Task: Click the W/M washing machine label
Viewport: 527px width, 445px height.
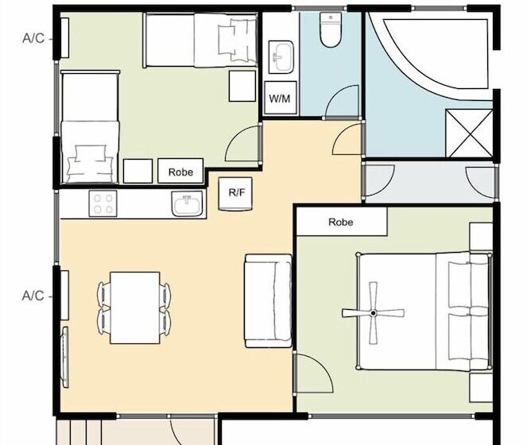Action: pyautogui.click(x=280, y=99)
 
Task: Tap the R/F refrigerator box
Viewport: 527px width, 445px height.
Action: pyautogui.click(x=236, y=193)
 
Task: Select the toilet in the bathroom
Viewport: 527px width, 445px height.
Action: pyautogui.click(x=328, y=31)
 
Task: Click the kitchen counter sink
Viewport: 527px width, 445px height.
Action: pyautogui.click(x=188, y=205)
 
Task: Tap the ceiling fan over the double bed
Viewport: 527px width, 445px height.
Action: pyautogui.click(x=372, y=313)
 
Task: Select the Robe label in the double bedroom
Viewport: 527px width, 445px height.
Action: pyautogui.click(x=340, y=223)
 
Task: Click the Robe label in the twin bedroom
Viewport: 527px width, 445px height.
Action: pyautogui.click(x=180, y=171)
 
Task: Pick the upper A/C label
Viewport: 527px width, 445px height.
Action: pyautogui.click(x=33, y=37)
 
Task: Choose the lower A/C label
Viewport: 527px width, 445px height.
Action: pyautogui.click(x=33, y=296)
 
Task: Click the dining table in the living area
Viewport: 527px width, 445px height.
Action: pyautogui.click(x=134, y=308)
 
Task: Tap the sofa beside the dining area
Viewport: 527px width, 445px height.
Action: pyautogui.click(x=268, y=301)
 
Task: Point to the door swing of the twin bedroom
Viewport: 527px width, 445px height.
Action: pyautogui.click(x=244, y=143)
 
